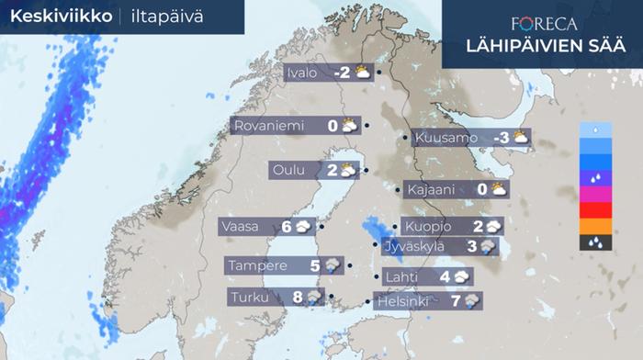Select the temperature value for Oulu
332,170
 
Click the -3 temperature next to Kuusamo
501,138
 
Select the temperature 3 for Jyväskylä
471,246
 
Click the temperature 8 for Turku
297,297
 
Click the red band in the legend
596,210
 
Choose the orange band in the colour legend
596,227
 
